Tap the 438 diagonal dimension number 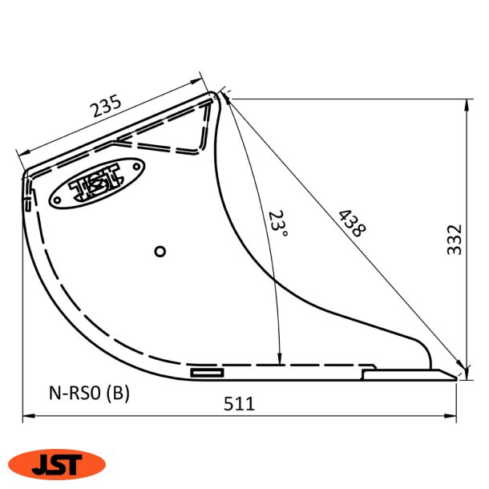click(x=351, y=224)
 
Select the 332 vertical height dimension click(x=455, y=239)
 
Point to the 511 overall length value click(x=239, y=404)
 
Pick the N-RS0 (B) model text click(x=88, y=393)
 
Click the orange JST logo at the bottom click(x=57, y=463)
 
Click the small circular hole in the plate click(x=160, y=252)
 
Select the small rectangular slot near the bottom click(x=208, y=372)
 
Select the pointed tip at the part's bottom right click(x=457, y=375)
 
